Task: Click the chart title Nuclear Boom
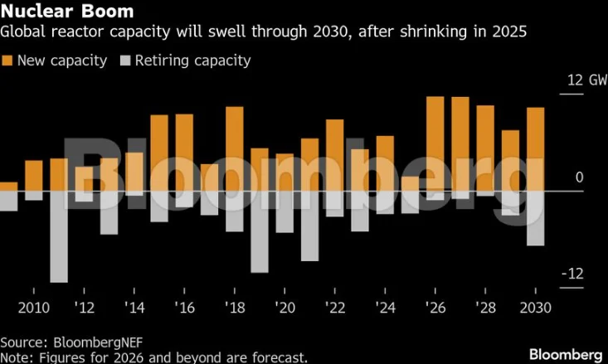[x=56, y=12]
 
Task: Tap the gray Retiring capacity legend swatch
[x=126, y=61]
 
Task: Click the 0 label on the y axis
[x=579, y=177]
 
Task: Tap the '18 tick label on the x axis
[x=234, y=307]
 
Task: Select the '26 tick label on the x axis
[x=435, y=307]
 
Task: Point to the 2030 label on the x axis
[x=535, y=307]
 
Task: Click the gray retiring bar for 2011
[x=59, y=236]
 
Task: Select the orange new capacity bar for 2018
[x=235, y=148]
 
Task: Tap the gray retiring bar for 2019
[x=260, y=231]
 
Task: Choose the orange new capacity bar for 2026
[x=435, y=143]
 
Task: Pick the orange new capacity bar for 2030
[x=535, y=149]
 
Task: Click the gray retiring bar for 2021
[x=309, y=226]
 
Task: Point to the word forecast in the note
[x=280, y=357]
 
